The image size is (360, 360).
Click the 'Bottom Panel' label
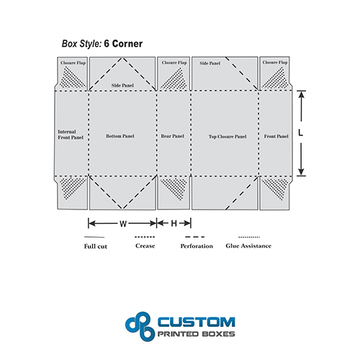point(120,136)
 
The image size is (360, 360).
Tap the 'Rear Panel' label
point(172,136)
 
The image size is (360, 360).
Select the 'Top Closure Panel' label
point(228,137)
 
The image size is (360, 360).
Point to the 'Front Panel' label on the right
point(276,136)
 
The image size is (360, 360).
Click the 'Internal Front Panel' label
point(71,135)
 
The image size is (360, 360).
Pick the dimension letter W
point(123,224)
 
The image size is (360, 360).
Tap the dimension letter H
point(174,224)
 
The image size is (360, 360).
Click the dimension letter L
point(300,132)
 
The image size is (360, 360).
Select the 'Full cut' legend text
point(96,246)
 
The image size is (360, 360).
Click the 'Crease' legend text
point(145,246)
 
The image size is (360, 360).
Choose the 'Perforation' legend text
point(197,246)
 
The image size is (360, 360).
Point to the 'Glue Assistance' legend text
point(248,246)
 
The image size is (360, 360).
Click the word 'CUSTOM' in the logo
point(197,322)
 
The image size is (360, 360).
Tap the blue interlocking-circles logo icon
point(140,326)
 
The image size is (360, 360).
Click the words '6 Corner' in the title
point(123,44)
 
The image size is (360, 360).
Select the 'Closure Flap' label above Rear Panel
point(174,63)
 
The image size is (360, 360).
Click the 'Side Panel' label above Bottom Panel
point(122,86)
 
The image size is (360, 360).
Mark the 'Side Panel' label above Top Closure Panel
point(210,63)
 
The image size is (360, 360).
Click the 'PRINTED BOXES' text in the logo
point(196,334)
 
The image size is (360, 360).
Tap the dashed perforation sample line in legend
point(194,237)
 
